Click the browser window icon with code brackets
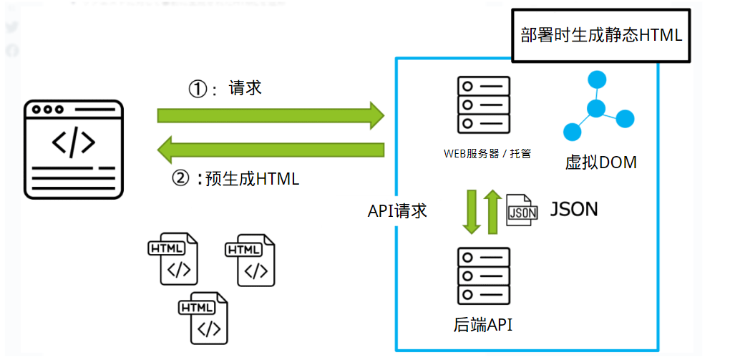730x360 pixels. tap(74, 148)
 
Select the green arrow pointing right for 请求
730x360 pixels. tap(270, 115)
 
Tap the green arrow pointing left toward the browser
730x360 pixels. tap(271, 149)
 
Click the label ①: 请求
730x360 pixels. tap(225, 88)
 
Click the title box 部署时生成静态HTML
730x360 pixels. tap(601, 35)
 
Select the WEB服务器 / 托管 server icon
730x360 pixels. tap(483, 104)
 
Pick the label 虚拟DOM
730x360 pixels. tap(600, 162)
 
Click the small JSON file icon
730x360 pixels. tap(522, 210)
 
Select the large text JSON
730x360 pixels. tap(573, 209)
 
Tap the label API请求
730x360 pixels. tap(397, 210)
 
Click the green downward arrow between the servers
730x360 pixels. tap(471, 210)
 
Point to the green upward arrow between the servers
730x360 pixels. tap(492, 210)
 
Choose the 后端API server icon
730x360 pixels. tap(483, 276)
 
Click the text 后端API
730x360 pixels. tap(483, 325)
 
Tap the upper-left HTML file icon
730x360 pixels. tap(172, 259)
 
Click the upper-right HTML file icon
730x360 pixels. tap(249, 259)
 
